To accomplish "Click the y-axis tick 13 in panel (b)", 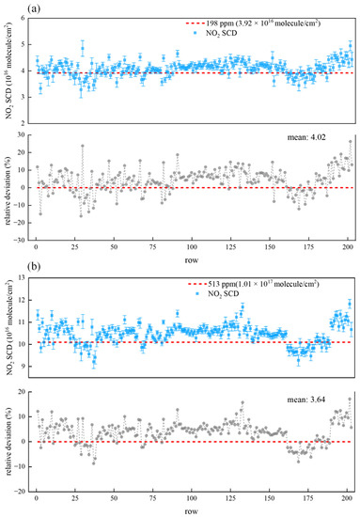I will (x=23, y=276).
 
